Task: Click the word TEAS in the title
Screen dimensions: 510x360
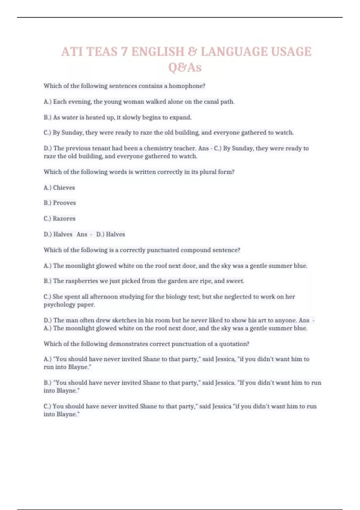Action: [102, 52]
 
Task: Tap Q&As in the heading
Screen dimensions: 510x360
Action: [185, 67]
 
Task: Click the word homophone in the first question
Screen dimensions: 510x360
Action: [187, 86]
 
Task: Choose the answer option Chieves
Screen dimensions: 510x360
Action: [64, 187]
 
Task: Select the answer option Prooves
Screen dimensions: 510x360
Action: [64, 203]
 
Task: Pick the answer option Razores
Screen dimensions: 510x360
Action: [64, 218]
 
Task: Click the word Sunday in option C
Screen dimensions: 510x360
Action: [71, 133]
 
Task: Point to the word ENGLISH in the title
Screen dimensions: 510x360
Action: [157, 52]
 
